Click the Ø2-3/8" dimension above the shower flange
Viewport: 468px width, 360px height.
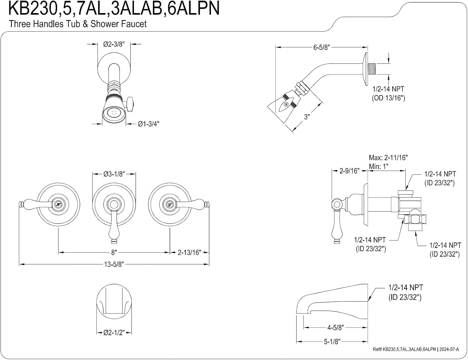(x=114, y=44)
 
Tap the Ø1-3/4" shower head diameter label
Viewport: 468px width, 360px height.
(x=149, y=124)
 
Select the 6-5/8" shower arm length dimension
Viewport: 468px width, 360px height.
(x=322, y=47)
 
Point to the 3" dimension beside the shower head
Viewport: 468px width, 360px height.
(x=307, y=117)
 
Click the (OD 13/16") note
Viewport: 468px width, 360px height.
(x=388, y=98)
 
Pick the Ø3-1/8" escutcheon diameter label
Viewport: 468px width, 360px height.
(x=114, y=174)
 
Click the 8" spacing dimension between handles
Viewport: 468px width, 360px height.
(x=114, y=252)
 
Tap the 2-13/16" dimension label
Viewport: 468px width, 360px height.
(x=189, y=252)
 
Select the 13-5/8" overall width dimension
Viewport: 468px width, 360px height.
(x=114, y=264)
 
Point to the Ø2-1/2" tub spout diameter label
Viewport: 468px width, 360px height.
(x=114, y=333)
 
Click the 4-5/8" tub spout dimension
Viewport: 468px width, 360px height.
(x=335, y=328)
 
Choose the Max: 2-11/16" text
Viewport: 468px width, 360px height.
(x=388, y=158)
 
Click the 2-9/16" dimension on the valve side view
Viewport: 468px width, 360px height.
(x=349, y=171)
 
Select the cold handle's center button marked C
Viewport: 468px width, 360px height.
(x=170, y=204)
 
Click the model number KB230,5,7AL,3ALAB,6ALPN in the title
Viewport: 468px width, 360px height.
(x=114, y=8)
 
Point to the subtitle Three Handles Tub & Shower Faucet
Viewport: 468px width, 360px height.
(x=78, y=24)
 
